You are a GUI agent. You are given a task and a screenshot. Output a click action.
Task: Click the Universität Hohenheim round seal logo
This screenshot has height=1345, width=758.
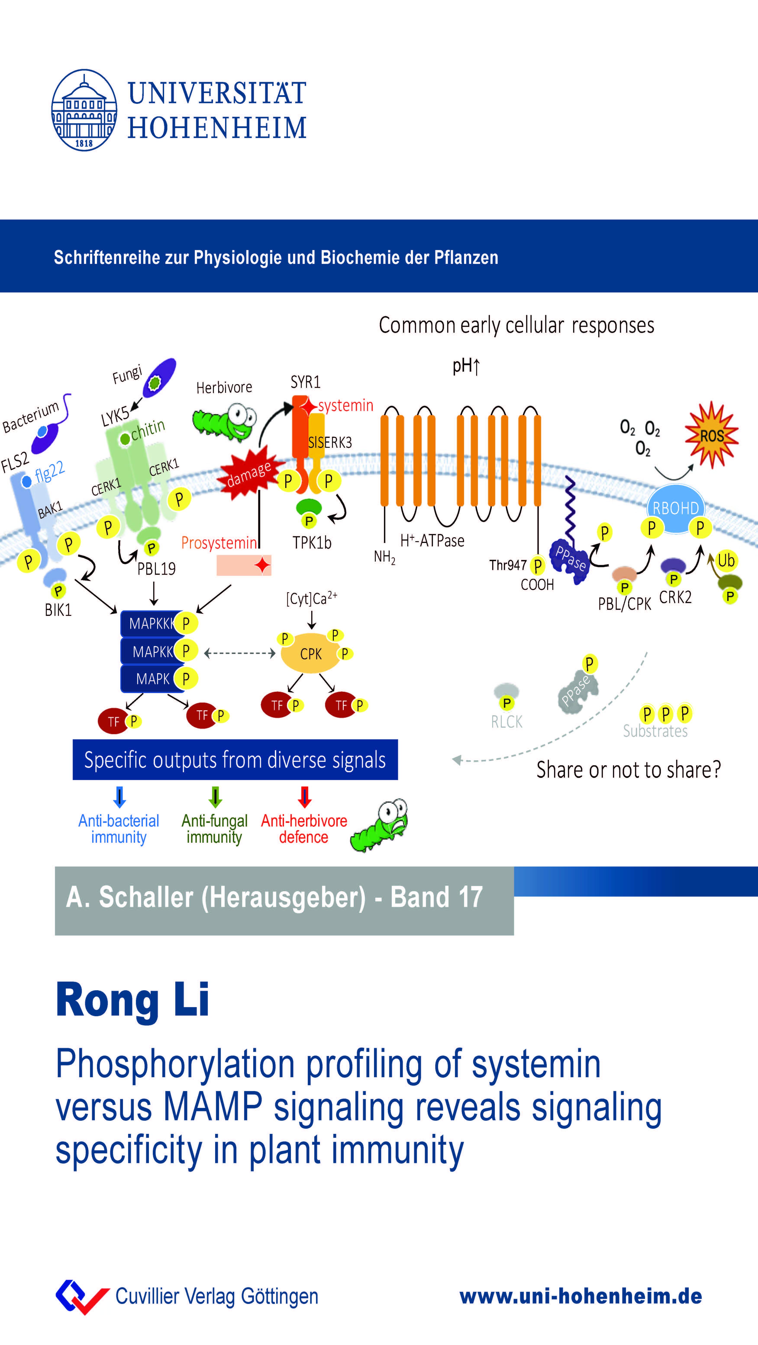(x=84, y=110)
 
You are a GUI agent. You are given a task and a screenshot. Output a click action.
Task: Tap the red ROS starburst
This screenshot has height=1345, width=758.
(x=711, y=435)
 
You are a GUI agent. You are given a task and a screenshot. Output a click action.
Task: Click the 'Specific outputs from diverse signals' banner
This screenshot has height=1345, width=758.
(x=235, y=760)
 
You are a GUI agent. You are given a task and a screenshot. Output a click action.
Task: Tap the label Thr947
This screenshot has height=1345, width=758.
(x=507, y=565)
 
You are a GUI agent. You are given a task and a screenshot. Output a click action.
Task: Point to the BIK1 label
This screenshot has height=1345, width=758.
(x=58, y=610)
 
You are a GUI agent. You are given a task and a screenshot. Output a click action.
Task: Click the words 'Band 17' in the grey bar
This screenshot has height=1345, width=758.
(x=436, y=897)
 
